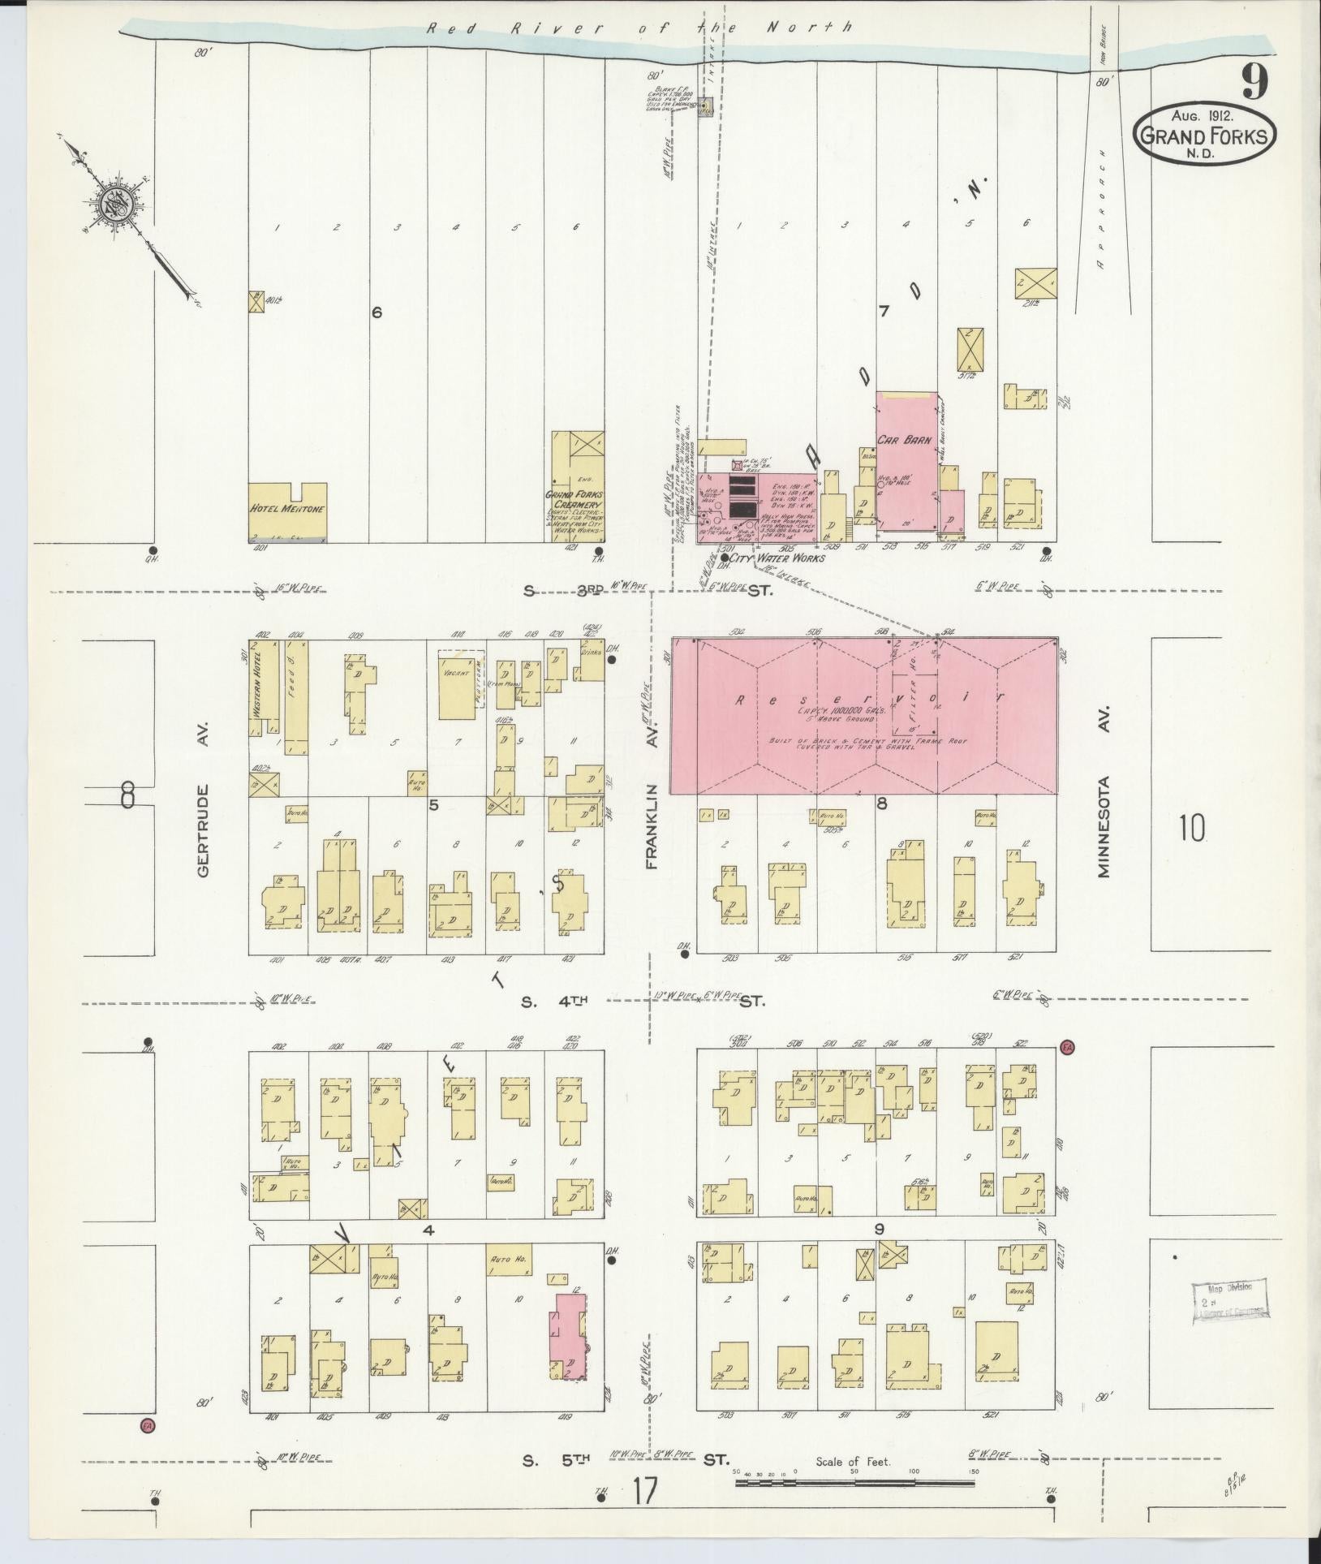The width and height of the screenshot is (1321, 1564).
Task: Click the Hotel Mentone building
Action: coord(287,510)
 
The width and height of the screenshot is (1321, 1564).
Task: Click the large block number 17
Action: coord(644,1491)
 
